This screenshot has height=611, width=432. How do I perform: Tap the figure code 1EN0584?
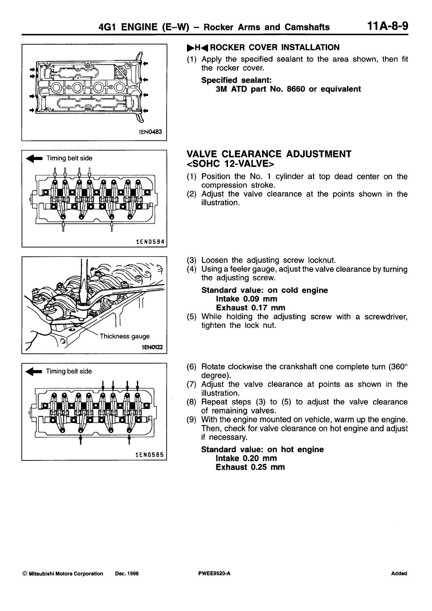coord(149,241)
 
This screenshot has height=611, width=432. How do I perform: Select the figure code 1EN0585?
coord(149,454)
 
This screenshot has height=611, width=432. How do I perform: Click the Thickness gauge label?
coord(125,336)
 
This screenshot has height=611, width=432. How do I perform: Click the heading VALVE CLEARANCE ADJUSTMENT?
coord(268,154)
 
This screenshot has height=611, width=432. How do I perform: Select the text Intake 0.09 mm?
coord(246,299)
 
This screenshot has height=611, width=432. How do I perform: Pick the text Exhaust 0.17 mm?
coord(250,308)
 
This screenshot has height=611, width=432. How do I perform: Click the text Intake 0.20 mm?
coord(246,458)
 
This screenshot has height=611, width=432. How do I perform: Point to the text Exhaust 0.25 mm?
coord(250,467)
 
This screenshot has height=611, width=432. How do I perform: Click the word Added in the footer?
coord(399,574)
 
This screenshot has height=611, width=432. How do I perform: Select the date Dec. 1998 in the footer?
coord(127,574)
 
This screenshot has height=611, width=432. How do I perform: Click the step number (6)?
coord(192,367)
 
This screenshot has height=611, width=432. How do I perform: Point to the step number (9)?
coord(192,420)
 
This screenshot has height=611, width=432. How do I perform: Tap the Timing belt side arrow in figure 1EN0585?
coord(33,371)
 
